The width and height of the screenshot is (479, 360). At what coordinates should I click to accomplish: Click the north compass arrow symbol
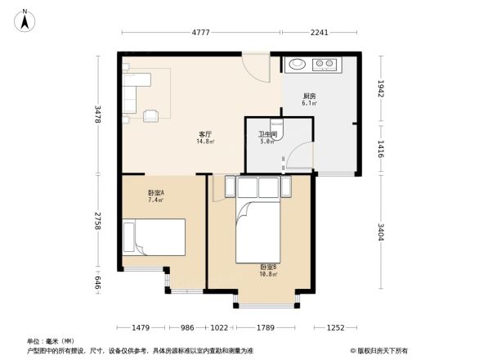[25, 20]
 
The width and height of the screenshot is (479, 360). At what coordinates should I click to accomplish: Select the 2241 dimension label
[320, 33]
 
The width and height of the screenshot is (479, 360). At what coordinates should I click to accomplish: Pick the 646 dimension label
[98, 283]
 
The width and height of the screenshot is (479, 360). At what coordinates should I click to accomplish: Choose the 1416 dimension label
[381, 147]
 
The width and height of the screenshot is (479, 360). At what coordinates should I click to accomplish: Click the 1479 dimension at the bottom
[141, 327]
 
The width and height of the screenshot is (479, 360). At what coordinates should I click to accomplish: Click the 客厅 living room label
[205, 134]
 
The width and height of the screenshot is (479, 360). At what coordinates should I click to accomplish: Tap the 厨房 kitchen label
[309, 97]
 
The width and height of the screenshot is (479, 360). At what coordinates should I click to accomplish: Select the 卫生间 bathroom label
[267, 134]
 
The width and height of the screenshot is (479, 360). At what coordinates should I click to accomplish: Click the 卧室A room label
[155, 193]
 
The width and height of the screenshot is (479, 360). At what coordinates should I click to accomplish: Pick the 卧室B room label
[268, 267]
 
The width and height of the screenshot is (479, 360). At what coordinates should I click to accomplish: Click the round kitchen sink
[296, 64]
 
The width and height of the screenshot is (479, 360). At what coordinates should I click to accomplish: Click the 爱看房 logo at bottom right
[381, 349]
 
